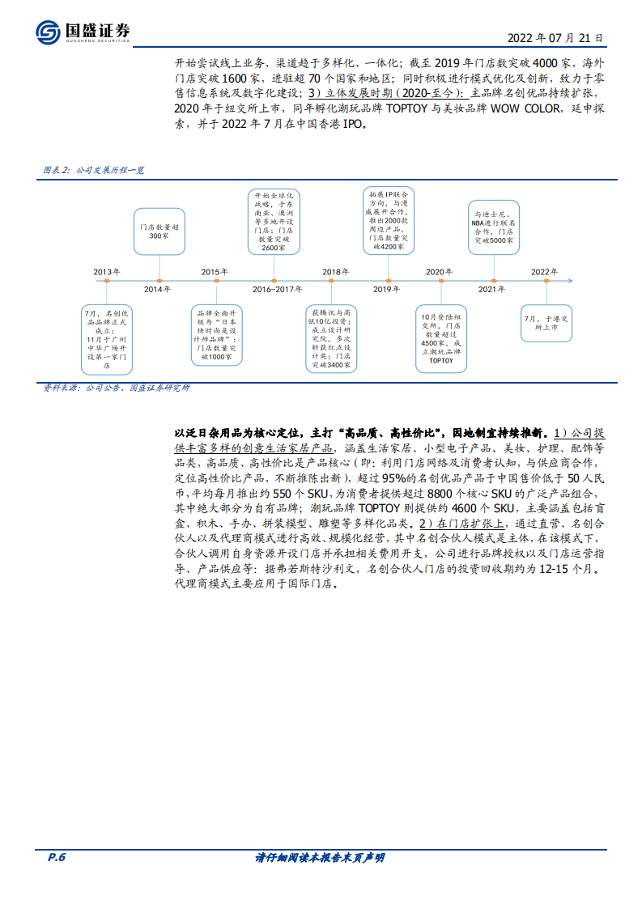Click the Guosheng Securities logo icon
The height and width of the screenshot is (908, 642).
coord(49,32)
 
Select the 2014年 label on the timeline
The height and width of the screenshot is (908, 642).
coord(157,290)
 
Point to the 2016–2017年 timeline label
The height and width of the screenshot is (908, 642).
coord(278,290)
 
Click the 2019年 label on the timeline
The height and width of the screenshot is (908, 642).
coord(386,290)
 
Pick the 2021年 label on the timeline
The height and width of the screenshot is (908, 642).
coord(492,290)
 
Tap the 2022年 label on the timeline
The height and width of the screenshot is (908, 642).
coord(544,271)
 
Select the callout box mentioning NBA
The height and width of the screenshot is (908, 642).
coord(494,224)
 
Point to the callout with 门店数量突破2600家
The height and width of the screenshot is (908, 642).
coord(273,223)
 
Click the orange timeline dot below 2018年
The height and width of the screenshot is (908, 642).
coord(331,281)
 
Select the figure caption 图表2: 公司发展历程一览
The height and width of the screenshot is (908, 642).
coord(93,171)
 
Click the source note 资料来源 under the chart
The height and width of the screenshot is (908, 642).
coord(116,388)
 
